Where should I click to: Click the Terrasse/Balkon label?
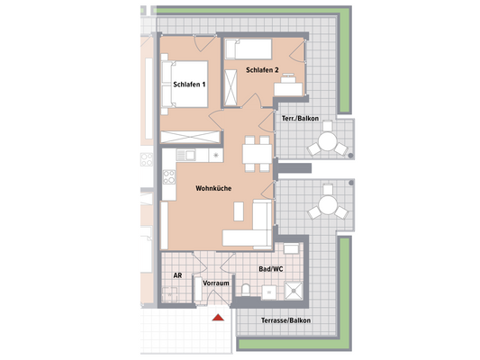[x=285, y=319]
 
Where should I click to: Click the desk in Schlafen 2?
[x=290, y=85]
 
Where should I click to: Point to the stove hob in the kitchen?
[x=168, y=180]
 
